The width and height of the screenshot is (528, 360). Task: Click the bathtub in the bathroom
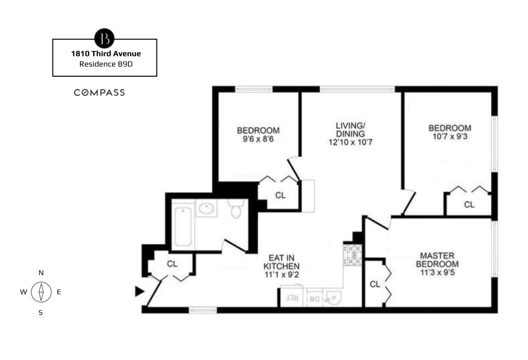[183, 226]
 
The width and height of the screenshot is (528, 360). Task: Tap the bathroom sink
[206, 208]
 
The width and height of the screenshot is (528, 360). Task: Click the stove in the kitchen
[352, 254]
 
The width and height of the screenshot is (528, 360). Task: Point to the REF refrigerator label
[291, 298]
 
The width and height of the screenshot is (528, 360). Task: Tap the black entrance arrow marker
[139, 291]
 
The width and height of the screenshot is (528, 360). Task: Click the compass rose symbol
[41, 292]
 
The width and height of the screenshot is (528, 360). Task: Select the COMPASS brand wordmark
[99, 92]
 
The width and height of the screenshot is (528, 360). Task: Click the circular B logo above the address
[104, 38]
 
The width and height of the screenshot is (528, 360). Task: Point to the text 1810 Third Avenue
[104, 53]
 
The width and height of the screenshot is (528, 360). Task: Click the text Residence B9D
[104, 64]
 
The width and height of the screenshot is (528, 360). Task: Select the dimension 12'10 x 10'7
[350, 142]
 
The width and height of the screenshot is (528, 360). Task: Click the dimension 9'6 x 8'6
[258, 139]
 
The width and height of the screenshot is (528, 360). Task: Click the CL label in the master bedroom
[375, 284]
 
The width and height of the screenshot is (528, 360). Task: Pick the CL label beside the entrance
[172, 263]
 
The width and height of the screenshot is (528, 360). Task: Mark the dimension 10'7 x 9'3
[449, 136]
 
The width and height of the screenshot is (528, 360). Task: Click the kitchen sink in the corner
[332, 298]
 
